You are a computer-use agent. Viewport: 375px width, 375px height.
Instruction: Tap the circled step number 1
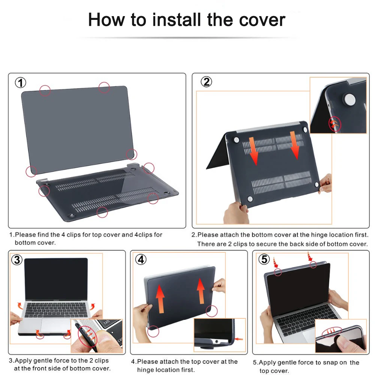[x=20, y=83]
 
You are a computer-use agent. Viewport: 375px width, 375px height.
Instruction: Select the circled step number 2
[x=206, y=82]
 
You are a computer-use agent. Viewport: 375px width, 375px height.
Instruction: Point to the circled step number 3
[x=17, y=259]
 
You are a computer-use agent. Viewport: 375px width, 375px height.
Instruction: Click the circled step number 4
[x=141, y=259]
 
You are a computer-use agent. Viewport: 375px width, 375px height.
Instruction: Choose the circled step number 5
[x=264, y=259]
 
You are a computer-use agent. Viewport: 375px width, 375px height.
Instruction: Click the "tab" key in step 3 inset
[x=107, y=322]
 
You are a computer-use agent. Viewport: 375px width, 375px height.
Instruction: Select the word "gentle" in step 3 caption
[x=45, y=361]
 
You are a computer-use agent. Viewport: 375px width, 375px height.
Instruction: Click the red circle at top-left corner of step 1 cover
[x=45, y=90]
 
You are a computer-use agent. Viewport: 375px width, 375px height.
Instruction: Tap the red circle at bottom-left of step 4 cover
[x=153, y=331]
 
